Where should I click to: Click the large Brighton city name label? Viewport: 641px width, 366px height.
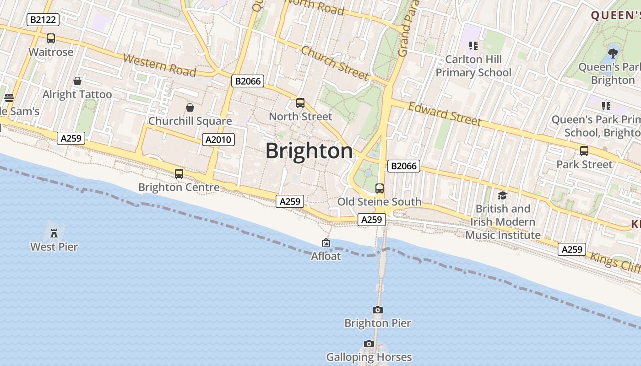309,151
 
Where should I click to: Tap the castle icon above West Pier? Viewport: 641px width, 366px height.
54,233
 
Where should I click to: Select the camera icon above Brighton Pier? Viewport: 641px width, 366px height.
377,310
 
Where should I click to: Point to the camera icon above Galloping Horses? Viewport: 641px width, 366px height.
369,344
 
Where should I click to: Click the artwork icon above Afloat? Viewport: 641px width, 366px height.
326,242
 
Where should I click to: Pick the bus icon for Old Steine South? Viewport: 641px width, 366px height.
379,188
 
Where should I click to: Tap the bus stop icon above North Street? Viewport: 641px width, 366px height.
300,103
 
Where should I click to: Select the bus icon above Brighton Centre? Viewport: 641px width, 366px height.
179,174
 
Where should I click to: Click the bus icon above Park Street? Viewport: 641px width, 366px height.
584,151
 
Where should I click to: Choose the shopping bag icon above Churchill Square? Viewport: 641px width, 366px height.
190,108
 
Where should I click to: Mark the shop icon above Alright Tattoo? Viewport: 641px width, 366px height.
77,81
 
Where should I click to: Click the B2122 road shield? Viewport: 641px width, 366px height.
43,20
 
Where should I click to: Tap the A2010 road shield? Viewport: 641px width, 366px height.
218,140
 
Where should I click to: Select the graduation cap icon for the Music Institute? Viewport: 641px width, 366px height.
502,195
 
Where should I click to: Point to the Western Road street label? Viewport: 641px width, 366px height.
159,65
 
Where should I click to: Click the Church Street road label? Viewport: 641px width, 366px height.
335,63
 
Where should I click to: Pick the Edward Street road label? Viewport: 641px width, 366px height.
444,114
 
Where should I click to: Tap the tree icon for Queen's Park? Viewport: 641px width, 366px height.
613,53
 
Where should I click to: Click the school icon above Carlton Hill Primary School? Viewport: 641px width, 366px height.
473,46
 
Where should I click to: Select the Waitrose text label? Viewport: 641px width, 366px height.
51,52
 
